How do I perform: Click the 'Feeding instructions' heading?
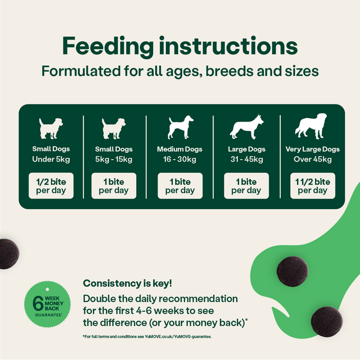pos(179,47)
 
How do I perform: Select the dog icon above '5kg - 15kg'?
pos(114,128)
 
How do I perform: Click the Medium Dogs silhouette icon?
pos(180,128)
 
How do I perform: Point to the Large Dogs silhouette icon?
pos(246,128)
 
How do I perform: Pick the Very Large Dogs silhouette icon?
pos(312,128)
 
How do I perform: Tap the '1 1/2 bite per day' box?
pos(312,186)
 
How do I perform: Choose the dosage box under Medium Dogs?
pos(180,186)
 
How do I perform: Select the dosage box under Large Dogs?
pos(246,186)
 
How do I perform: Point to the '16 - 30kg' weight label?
pos(180,159)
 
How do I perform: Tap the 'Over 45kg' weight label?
pos(312,159)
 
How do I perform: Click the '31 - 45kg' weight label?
pos(246,159)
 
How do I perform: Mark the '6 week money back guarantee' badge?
pos(44,305)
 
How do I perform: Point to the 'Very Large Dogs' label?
pos(312,149)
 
